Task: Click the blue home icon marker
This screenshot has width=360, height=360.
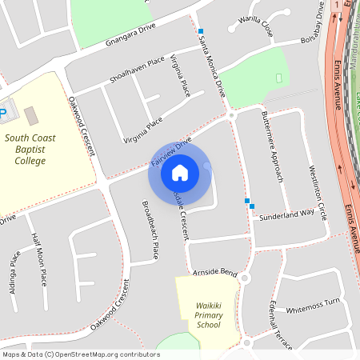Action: (179, 172)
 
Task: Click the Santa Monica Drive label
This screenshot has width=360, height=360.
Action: (213, 70)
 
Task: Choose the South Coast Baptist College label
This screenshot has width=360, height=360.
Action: (35, 149)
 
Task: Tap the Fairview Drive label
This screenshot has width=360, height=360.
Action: (171, 153)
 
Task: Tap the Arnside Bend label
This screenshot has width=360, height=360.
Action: (215, 273)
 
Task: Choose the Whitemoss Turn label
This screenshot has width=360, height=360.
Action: (313, 303)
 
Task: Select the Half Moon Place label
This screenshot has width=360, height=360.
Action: (38, 258)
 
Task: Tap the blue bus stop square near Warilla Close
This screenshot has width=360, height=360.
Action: (201, 30)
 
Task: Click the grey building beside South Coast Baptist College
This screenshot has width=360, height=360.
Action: (30, 116)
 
